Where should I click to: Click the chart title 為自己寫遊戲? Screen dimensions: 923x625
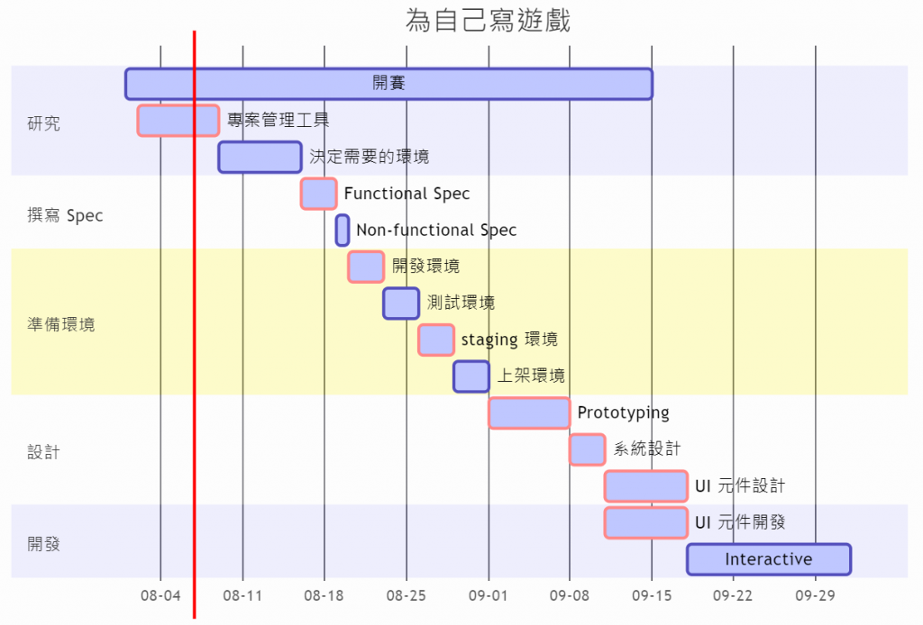click(x=488, y=20)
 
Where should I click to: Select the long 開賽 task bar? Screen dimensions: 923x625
click(x=388, y=84)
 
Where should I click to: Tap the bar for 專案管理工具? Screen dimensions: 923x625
click(x=178, y=121)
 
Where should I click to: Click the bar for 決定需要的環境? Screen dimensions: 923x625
click(x=260, y=157)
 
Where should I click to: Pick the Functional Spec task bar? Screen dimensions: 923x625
click(x=318, y=194)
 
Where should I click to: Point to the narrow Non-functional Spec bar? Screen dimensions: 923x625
click(x=343, y=231)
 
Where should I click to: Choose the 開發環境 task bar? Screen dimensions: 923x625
click(x=366, y=267)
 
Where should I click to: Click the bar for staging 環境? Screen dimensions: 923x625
click(x=436, y=340)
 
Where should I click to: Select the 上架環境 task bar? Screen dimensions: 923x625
click(x=471, y=376)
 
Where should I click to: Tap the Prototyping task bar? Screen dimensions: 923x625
click(x=529, y=413)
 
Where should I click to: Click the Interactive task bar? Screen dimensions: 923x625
click(x=768, y=559)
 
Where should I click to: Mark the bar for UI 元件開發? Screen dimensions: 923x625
click(x=645, y=523)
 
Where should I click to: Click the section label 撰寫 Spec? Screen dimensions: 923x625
click(x=66, y=216)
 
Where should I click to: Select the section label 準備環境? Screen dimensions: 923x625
click(x=61, y=325)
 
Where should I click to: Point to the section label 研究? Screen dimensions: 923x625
click(x=44, y=123)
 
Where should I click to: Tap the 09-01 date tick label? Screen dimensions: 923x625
click(x=488, y=596)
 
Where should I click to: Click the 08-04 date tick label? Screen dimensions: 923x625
click(x=160, y=596)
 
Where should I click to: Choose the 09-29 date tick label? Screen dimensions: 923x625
click(x=815, y=596)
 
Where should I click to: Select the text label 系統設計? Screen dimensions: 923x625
click(x=647, y=449)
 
